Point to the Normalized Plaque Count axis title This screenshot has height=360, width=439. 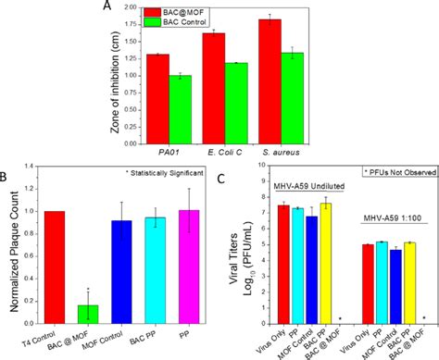coord(10,245)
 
